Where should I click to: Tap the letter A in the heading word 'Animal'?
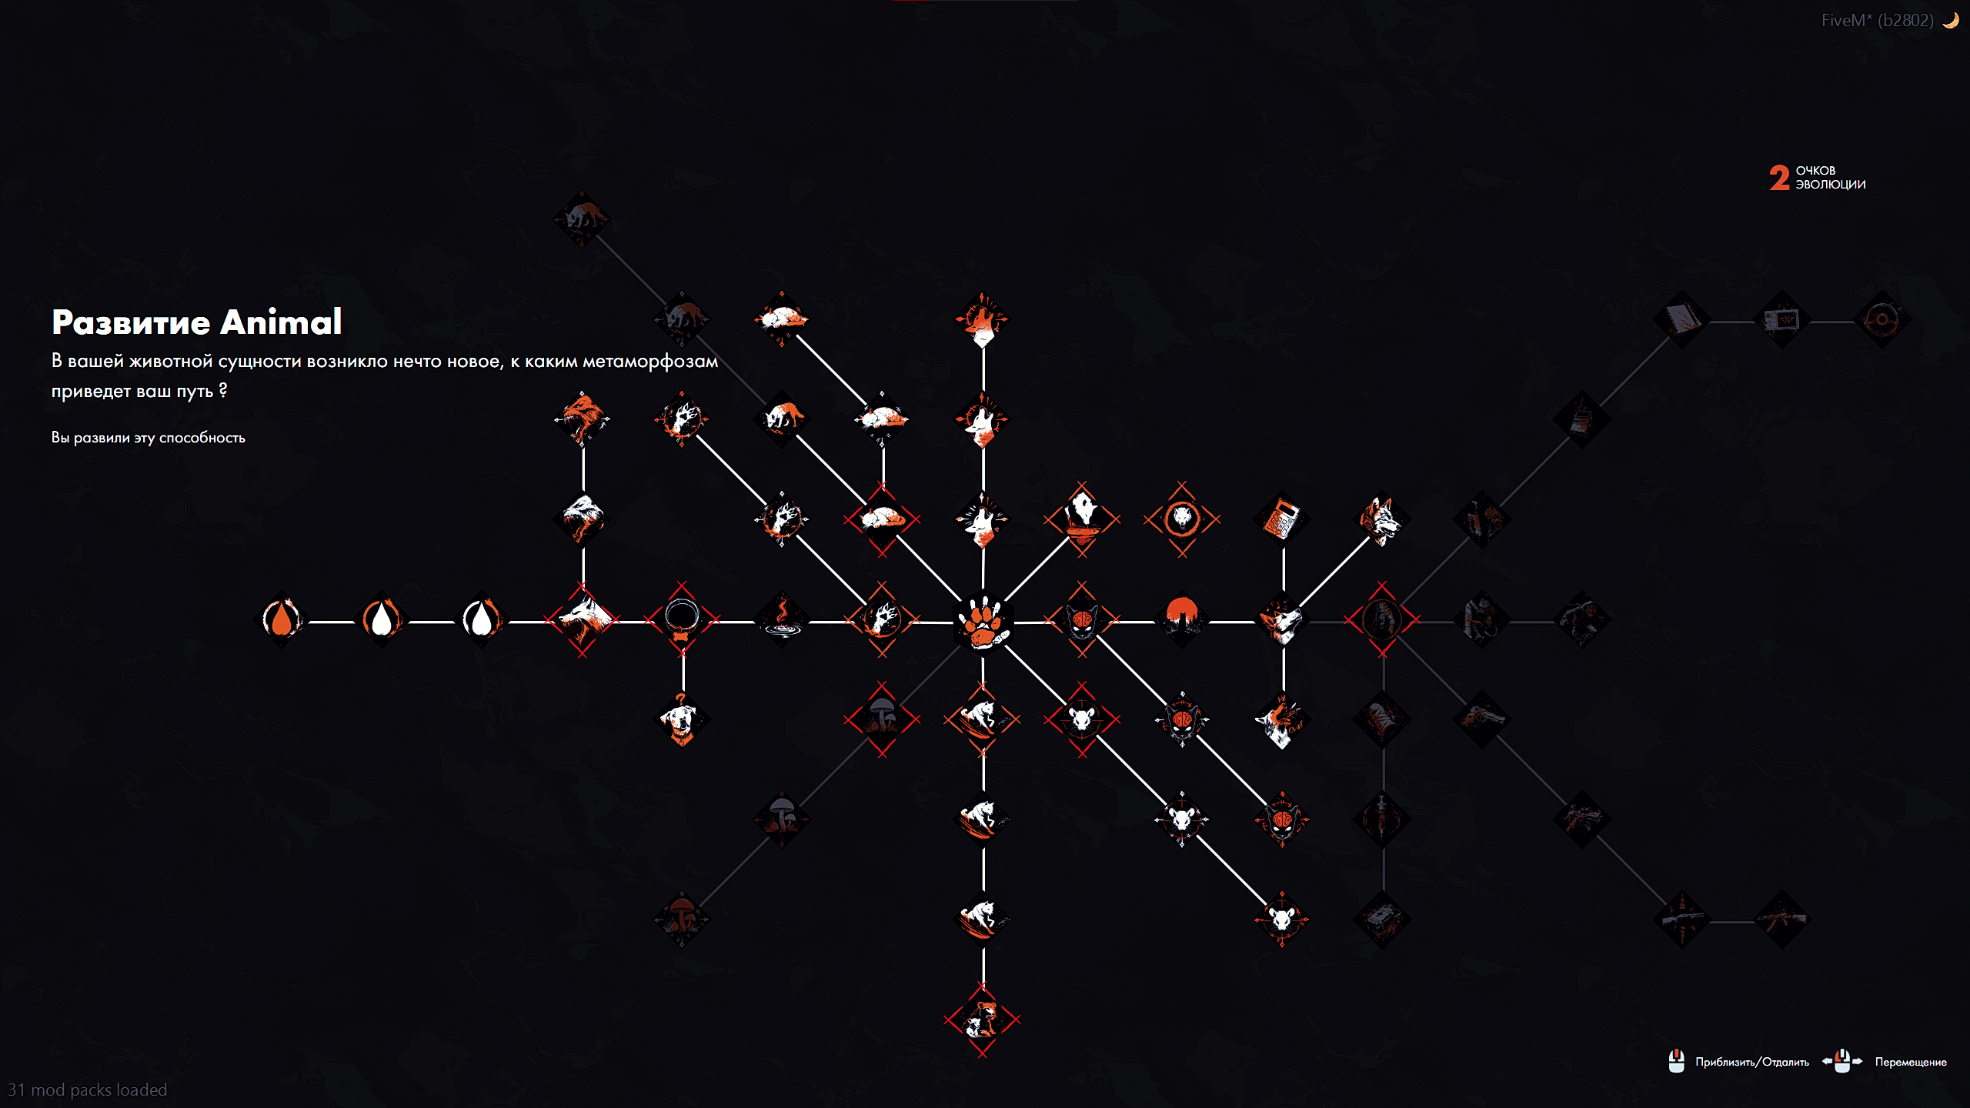coord(235,322)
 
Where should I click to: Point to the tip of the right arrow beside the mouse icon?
coord(1863,1062)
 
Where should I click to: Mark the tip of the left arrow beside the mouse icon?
coord(1822,1062)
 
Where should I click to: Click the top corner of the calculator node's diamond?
coord(1282,491)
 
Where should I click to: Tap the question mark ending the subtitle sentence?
coord(223,390)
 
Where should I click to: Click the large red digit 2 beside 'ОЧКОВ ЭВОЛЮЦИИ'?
coord(1779,178)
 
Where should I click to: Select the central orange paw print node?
coord(983,621)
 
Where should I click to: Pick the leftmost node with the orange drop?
coord(282,619)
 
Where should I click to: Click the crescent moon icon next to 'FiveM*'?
coord(1951,21)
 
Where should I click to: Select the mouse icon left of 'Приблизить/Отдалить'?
coord(1677,1061)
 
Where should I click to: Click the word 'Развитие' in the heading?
coord(131,322)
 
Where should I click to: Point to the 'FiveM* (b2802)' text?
coord(1877,21)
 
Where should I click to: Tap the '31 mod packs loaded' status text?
coord(87,1090)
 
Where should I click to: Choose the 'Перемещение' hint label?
coord(1911,1062)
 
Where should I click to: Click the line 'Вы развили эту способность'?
coord(149,438)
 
